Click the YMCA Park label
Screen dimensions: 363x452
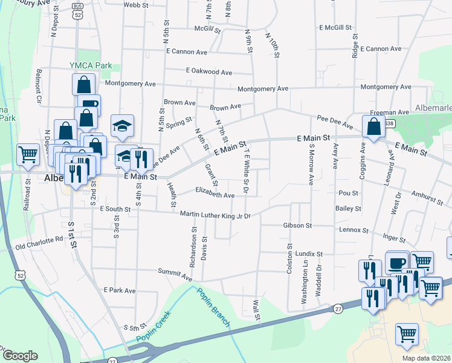[91, 65]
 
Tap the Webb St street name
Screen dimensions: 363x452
[136, 4]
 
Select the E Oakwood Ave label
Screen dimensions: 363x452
[209, 71]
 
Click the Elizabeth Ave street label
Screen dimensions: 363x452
[215, 195]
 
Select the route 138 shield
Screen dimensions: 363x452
[390, 124]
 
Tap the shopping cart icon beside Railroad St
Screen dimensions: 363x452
[28, 155]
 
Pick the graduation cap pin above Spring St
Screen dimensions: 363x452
[122, 126]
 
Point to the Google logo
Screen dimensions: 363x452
[19, 355]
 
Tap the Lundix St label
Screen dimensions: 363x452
[309, 254]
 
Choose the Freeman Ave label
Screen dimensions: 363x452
[390, 112]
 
